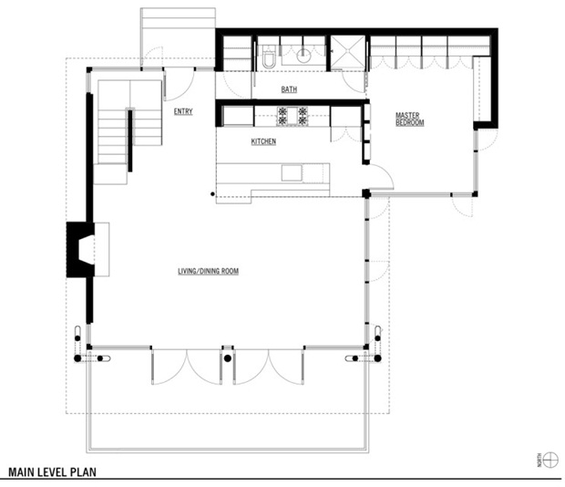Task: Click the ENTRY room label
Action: (183, 111)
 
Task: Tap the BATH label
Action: (289, 89)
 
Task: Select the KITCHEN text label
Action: (263, 141)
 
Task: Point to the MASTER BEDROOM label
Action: (410, 119)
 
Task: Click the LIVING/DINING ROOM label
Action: (209, 271)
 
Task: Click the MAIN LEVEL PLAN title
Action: (52, 472)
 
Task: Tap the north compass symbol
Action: (550, 460)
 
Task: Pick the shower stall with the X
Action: (348, 52)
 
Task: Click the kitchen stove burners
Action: (293, 116)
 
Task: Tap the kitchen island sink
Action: (292, 173)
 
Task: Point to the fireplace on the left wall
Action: (81, 250)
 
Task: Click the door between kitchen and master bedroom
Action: (381, 177)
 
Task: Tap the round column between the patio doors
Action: (228, 358)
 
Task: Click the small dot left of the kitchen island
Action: (212, 194)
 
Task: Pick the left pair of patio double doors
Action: (186, 367)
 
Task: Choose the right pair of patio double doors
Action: (269, 367)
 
